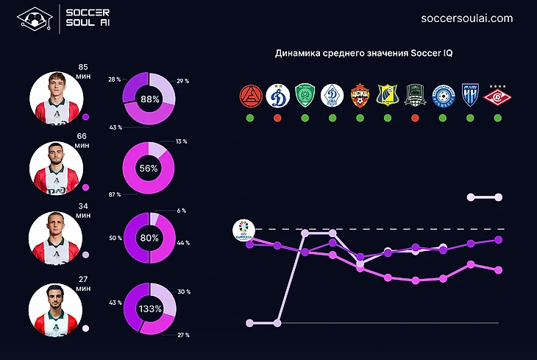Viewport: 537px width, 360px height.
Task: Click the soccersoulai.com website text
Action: pyautogui.click(x=466, y=18)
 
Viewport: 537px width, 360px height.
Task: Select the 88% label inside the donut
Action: pyautogui.click(x=150, y=99)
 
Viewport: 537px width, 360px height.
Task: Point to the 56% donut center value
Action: pyautogui.click(x=150, y=168)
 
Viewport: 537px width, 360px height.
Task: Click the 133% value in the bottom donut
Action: pyautogui.click(x=150, y=309)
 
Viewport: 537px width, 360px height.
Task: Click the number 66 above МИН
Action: pyautogui.click(x=82, y=136)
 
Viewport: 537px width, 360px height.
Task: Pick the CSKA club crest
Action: pyautogui.click(x=360, y=96)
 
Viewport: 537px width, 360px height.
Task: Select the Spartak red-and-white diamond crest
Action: pyautogui.click(x=498, y=96)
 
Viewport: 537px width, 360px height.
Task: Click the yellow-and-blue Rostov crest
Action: pyautogui.click(x=387, y=96)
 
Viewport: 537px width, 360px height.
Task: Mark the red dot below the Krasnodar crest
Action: pyautogui.click(x=415, y=118)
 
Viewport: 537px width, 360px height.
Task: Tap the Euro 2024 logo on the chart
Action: pyautogui.click(x=242, y=230)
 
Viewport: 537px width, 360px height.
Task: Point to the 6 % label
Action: pyautogui.click(x=180, y=211)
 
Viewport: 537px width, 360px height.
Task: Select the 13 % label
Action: pyautogui.click(x=181, y=141)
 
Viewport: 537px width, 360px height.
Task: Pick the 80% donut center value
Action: pyautogui.click(x=150, y=239)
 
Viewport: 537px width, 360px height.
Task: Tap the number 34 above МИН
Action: pyautogui.click(x=82, y=205)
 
